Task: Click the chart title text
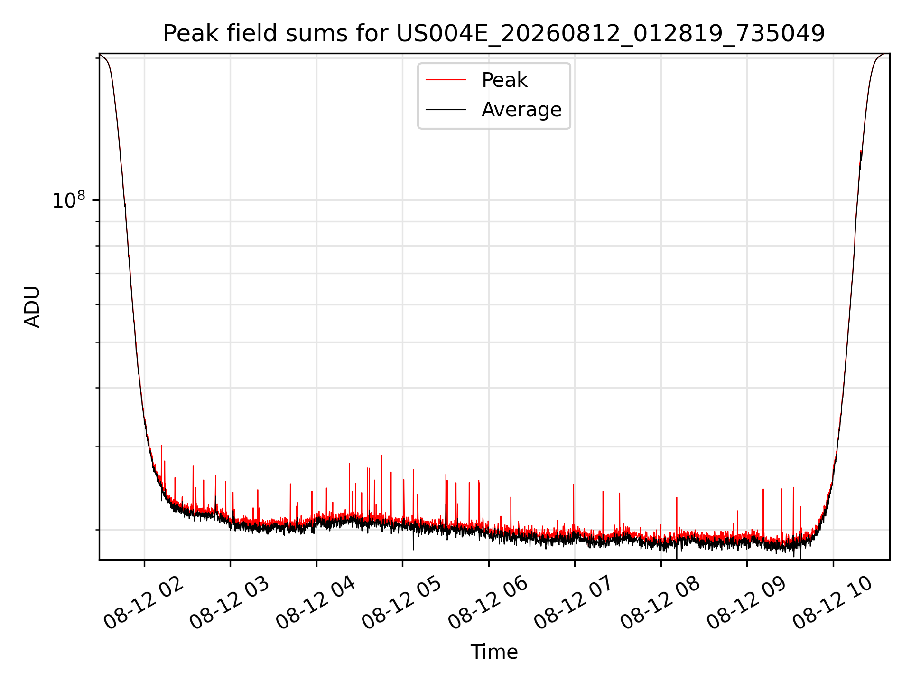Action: pos(494,34)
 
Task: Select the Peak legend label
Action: pos(504,80)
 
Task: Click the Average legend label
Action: pos(521,110)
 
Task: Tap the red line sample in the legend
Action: pos(446,80)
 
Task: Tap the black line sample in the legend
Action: pos(446,110)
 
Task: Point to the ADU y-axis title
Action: pos(32,307)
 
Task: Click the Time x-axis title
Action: pos(494,652)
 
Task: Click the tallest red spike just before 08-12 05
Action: pos(381,456)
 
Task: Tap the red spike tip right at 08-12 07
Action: pos(573,484)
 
